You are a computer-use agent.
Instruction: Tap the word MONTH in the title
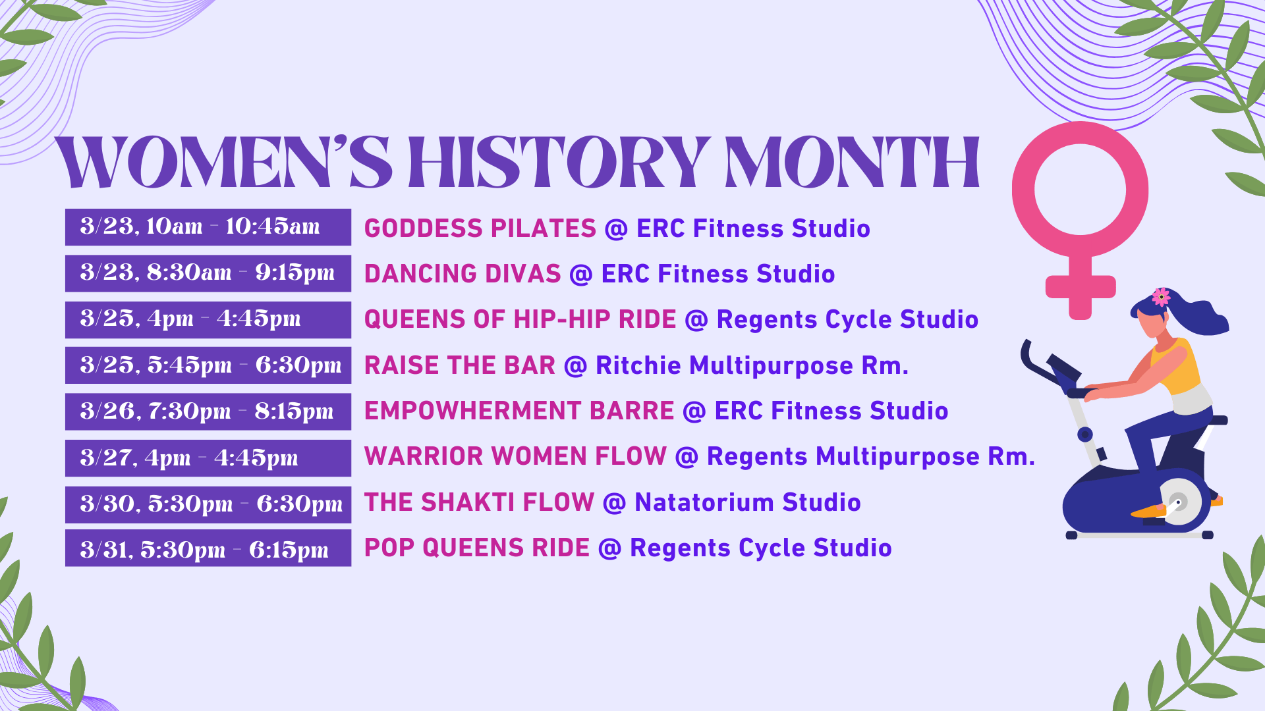coord(852,162)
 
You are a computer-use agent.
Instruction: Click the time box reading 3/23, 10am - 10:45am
coord(208,227)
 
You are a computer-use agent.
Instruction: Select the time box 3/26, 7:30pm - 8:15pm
coord(208,411)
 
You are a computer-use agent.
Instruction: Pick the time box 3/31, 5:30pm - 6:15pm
coord(208,548)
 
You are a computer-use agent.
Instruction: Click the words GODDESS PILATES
coord(480,228)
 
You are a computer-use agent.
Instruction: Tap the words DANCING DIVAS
coord(462,274)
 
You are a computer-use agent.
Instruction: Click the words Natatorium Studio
coord(747,502)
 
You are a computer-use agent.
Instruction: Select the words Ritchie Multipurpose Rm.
coord(752,365)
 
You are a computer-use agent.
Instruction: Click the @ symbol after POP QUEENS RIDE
coord(609,548)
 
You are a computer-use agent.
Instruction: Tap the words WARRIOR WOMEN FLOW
coord(515,456)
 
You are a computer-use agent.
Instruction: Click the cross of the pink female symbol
coord(1081,287)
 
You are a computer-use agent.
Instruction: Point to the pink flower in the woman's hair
coord(1161,296)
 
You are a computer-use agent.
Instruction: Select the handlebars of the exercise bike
coord(1048,369)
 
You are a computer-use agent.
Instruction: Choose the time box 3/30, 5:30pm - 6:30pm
coord(208,504)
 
